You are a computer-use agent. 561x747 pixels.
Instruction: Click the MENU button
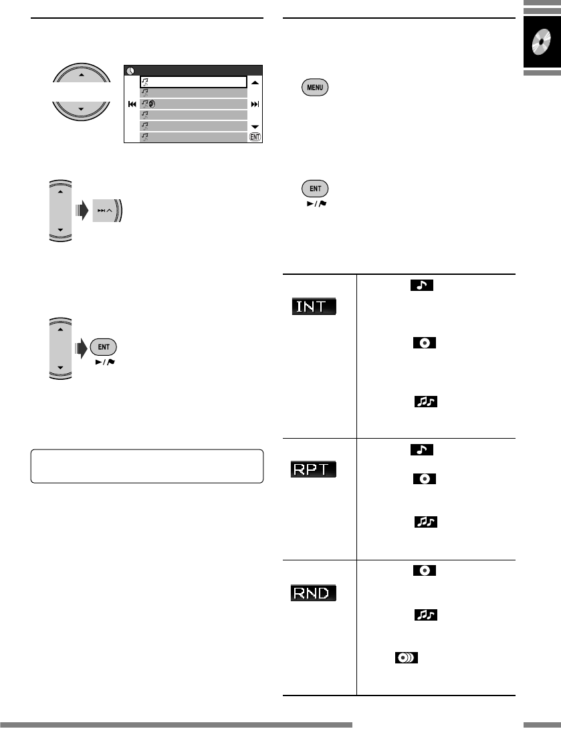tap(315, 88)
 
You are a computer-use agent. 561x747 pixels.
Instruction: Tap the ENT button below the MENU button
tap(315, 188)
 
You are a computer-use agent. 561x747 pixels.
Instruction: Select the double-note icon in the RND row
tap(422, 615)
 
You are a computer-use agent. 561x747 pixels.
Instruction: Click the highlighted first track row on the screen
tap(193, 82)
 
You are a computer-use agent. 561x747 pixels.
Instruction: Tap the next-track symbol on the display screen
tap(255, 104)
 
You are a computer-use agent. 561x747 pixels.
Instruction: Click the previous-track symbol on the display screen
tap(132, 104)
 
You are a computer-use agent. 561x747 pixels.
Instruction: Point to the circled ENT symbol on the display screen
tap(254, 137)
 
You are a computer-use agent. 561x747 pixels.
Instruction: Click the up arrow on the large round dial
tap(82, 75)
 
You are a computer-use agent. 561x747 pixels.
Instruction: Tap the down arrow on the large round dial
tap(82, 109)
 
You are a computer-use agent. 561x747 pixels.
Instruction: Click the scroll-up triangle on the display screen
tap(255, 82)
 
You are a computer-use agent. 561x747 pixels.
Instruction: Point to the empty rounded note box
tap(146, 465)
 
